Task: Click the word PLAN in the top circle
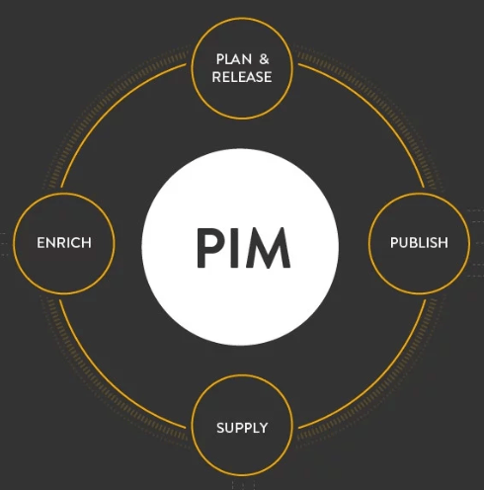234,59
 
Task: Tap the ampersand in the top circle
264,59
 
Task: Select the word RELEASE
242,77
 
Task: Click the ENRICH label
64,243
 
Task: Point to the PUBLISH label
419,243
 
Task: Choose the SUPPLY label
242,428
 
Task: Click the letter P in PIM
210,248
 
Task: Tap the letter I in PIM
234,248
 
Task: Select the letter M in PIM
268,248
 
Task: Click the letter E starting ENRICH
40,243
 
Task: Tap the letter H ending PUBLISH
444,243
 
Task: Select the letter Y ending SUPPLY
264,428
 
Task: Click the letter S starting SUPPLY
220,428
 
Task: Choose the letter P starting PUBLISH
394,243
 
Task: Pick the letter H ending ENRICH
87,243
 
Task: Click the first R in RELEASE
216,77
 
